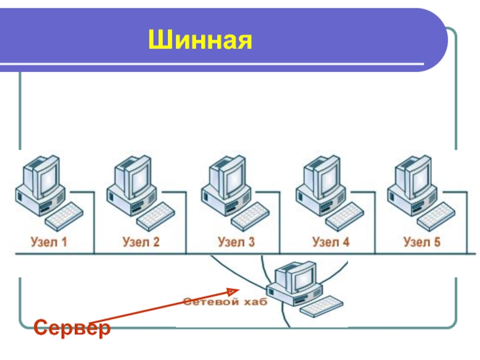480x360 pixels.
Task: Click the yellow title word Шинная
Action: tap(200, 40)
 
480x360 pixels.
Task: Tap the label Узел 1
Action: tap(49, 242)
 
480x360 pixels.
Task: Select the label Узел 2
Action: tap(141, 242)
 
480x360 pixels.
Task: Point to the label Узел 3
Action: tap(236, 242)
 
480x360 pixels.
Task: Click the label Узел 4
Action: tap(331, 242)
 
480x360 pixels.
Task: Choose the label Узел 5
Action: tap(422, 242)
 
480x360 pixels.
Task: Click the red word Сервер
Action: tap(72, 327)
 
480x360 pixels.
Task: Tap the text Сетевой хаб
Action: tap(226, 302)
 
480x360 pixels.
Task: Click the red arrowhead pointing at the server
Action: tap(233, 291)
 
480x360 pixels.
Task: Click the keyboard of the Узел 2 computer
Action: tap(155, 216)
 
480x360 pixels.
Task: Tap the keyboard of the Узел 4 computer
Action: tap(344, 216)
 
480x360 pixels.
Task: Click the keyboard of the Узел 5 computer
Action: tap(436, 216)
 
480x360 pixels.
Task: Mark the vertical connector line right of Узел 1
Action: tap(94, 223)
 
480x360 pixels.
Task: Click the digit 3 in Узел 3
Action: tap(251, 242)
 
